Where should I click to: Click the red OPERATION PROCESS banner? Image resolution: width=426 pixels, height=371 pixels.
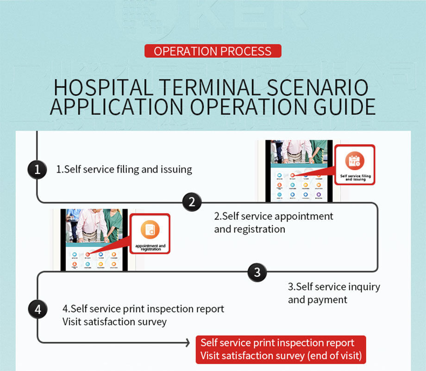click(x=213, y=51)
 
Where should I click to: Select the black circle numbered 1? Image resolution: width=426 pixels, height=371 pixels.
click(x=38, y=170)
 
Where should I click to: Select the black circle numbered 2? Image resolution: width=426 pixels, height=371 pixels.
click(x=192, y=202)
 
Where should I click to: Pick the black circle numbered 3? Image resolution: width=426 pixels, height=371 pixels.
click(x=257, y=272)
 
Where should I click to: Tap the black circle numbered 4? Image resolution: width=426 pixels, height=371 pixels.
click(x=38, y=309)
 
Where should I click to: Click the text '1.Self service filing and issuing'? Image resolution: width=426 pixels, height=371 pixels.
click(x=124, y=169)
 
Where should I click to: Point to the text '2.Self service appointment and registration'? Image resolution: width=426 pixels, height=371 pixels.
click(x=273, y=223)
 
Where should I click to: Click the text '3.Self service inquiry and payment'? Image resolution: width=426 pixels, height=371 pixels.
click(x=333, y=293)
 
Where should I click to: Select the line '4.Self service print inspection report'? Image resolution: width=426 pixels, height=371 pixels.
click(x=143, y=309)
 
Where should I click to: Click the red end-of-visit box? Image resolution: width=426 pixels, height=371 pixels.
click(x=281, y=350)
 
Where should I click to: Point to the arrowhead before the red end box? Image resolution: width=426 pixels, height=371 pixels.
click(x=188, y=343)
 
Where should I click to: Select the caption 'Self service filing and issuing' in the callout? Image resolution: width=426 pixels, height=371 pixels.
click(x=355, y=177)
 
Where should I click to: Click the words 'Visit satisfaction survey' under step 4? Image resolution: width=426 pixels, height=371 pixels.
click(x=114, y=322)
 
